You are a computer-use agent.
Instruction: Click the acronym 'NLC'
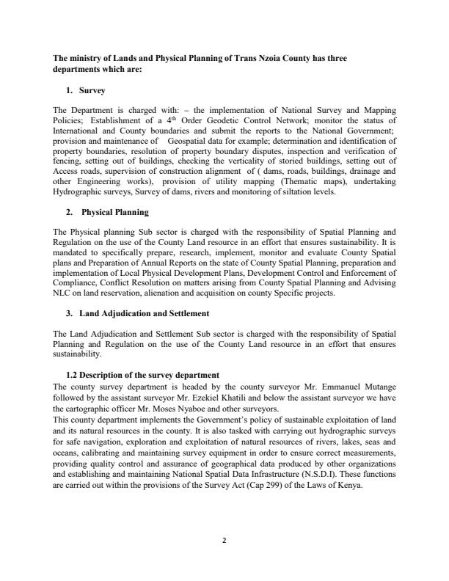pyautogui.click(x=66, y=293)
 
